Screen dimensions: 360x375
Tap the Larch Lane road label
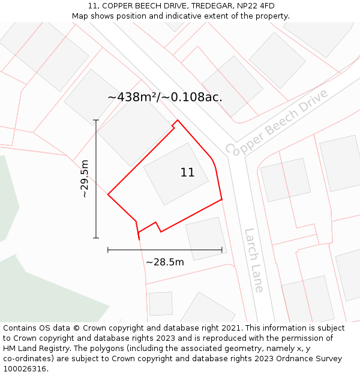point(254,260)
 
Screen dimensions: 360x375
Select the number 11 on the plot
point(187,173)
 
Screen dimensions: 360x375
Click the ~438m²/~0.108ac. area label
point(165,97)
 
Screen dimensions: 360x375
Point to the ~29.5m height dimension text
point(85,178)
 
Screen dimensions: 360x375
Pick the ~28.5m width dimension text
point(164,262)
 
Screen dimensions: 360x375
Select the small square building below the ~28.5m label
point(160,304)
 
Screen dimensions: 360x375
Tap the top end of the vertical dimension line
point(96,120)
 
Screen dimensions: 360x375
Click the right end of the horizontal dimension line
point(222,250)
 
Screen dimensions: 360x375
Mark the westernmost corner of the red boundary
point(108,194)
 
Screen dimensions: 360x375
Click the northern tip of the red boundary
point(177,121)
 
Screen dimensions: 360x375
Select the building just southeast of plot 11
point(206,238)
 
